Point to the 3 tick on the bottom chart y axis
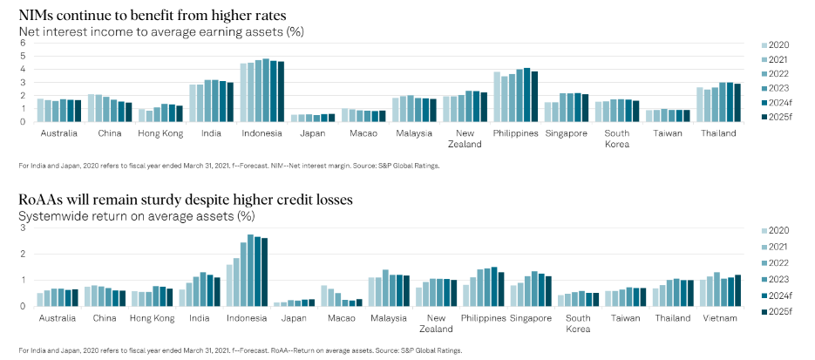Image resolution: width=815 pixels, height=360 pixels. coord(24,228)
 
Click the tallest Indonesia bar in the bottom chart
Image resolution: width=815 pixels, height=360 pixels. coord(251,270)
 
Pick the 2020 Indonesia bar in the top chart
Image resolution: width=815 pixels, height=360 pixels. coord(244,92)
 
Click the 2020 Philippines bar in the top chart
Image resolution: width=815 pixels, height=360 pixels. coord(497,97)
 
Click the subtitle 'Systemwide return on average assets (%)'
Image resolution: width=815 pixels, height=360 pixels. coord(137,215)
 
